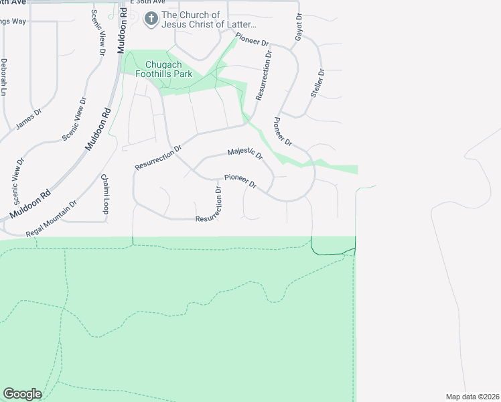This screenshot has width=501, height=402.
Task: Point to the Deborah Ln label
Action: coord(4,76)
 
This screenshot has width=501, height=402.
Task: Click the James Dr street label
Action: coord(26,121)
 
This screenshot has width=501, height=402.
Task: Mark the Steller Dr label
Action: coord(317,84)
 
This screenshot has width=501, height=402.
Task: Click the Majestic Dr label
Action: coord(245,153)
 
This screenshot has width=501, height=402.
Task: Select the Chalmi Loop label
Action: coord(105,194)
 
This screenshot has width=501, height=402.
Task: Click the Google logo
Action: coord(21,394)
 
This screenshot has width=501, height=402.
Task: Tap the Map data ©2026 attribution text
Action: coord(472,397)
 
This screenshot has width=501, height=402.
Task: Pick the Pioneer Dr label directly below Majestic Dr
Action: coord(240,180)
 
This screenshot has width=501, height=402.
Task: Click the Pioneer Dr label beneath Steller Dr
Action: coord(283,132)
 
